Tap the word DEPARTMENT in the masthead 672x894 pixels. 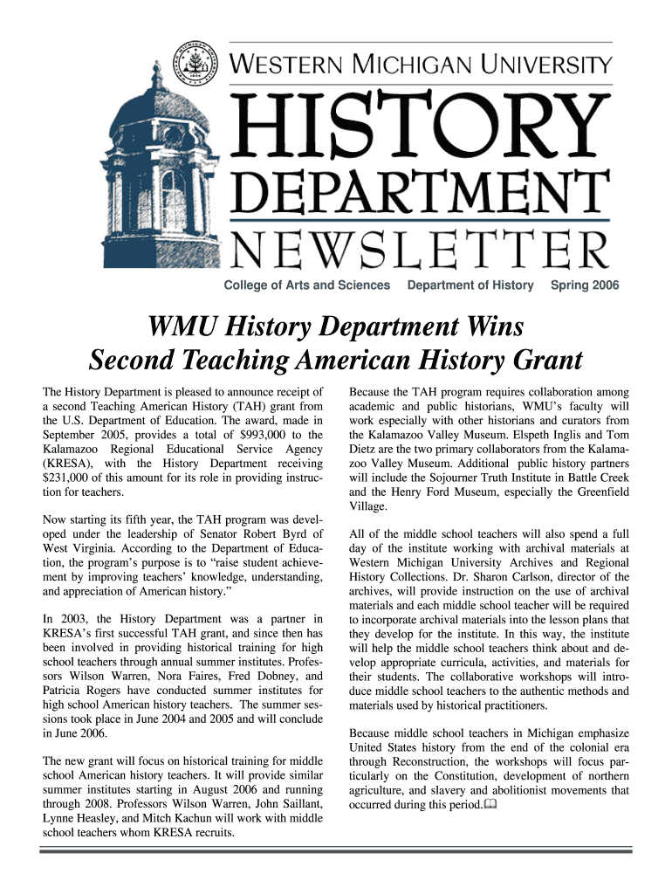pyautogui.click(x=421, y=193)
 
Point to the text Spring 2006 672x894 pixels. pyautogui.click(x=585, y=285)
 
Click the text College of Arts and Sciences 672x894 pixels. pyautogui.click(x=307, y=285)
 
